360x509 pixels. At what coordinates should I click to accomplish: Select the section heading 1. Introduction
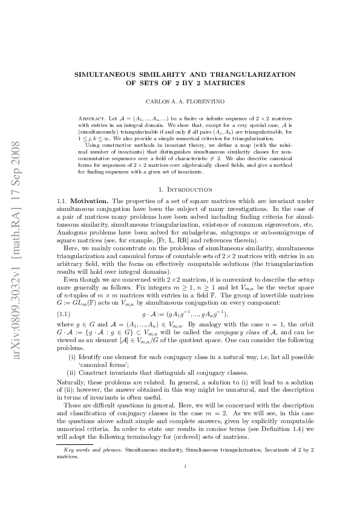click(x=180, y=190)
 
